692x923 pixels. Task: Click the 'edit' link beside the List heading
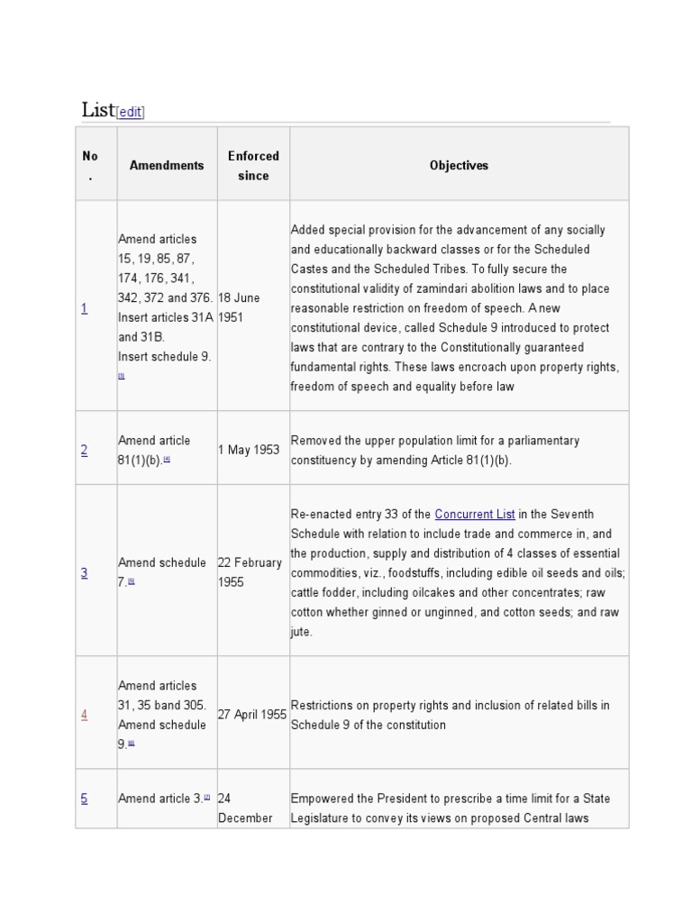[x=130, y=113]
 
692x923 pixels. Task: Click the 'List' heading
[x=97, y=110]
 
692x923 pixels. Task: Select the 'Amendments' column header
[x=167, y=165]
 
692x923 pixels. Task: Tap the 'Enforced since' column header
[x=253, y=166]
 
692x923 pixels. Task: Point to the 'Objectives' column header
[x=459, y=165]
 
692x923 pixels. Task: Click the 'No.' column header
[x=90, y=166]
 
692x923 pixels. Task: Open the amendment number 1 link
[x=85, y=308]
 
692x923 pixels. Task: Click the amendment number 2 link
[x=85, y=451]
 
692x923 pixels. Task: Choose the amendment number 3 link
[x=85, y=572]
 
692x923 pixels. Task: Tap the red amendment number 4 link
[x=85, y=715]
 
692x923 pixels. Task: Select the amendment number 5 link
[x=85, y=798]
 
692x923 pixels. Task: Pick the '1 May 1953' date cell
[x=249, y=450]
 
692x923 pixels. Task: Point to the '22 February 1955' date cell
[x=250, y=571]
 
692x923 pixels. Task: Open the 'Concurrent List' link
[x=475, y=514]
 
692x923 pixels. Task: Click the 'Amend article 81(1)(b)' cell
[x=154, y=450]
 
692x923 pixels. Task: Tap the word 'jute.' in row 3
[x=302, y=632]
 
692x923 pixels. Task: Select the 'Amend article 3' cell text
[x=160, y=798]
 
